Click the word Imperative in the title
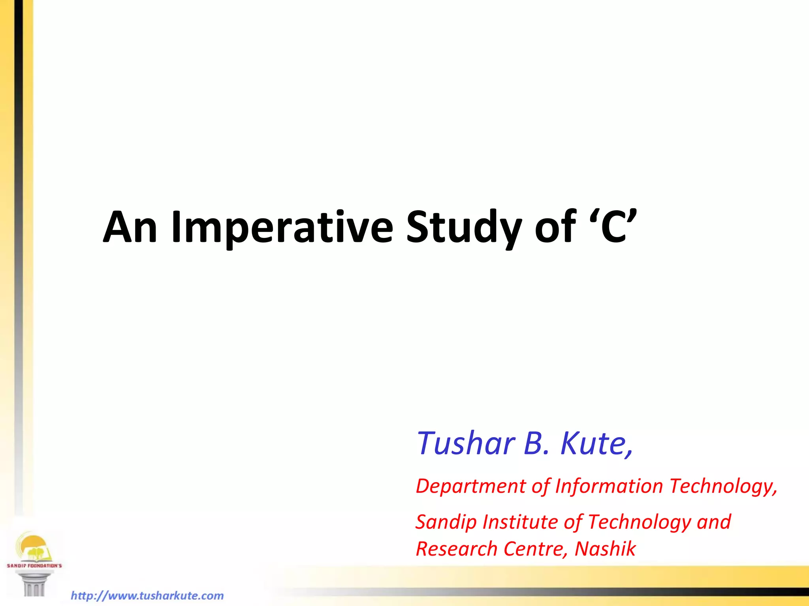[282, 228]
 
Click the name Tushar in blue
[466, 443]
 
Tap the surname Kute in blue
[596, 443]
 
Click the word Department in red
[471, 486]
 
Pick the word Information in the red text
[609, 486]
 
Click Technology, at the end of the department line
[723, 486]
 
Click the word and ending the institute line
[714, 522]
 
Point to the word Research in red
[456, 549]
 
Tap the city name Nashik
[605, 549]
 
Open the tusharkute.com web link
[147, 595]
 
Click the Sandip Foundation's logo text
[34, 565]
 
